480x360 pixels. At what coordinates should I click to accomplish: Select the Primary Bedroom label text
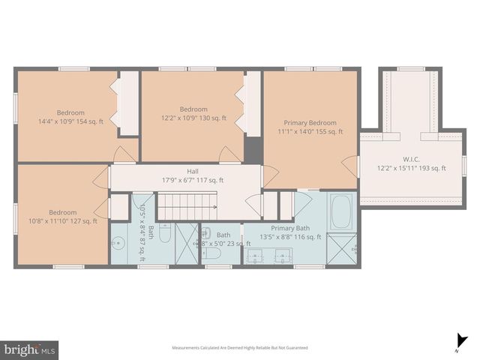310,123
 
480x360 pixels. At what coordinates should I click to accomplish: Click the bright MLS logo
29,349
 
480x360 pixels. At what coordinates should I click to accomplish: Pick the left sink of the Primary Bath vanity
256,256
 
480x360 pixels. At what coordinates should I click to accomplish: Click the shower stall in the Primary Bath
342,247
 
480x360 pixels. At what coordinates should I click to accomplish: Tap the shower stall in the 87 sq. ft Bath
186,244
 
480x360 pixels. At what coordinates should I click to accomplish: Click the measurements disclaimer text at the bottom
239,348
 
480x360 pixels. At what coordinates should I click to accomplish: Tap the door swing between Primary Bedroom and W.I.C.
349,166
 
